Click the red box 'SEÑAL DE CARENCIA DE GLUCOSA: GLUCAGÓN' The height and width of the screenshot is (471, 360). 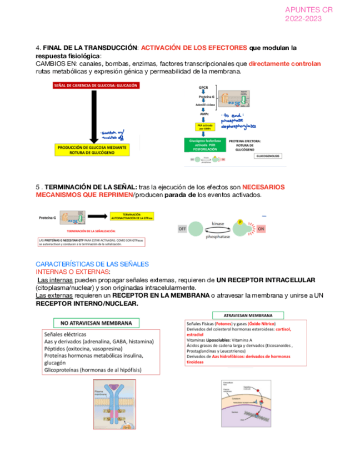pos(95,86)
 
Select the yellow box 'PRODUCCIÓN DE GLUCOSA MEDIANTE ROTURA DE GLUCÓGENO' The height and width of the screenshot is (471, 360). pos(93,150)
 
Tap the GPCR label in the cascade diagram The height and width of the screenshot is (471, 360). pos(203,87)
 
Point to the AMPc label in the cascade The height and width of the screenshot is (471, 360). pos(204,113)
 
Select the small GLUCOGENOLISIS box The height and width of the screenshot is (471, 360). pos(268,156)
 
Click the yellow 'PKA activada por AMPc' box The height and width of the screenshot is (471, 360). pos(204,127)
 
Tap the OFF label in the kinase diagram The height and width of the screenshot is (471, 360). pos(182,229)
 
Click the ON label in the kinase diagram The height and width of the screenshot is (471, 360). pos(261,229)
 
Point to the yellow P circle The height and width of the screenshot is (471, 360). pos(241,222)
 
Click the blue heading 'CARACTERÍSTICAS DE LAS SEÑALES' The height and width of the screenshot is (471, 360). pos(85,264)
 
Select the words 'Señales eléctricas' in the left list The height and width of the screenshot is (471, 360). pos(64,334)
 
